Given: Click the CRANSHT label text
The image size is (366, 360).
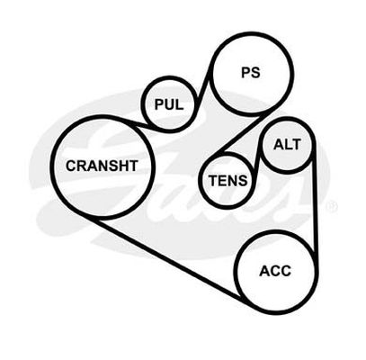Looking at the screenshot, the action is point(102,166).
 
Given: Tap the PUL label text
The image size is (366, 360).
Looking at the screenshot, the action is point(169,104).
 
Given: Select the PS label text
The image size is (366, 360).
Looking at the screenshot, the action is point(251,73).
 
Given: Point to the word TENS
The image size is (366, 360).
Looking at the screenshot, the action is point(228,181).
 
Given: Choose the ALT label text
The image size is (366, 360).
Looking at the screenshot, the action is point(287,145).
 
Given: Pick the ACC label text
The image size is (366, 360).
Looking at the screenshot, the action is point(275,271).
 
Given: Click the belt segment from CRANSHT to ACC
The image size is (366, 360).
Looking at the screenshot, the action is point(168,260).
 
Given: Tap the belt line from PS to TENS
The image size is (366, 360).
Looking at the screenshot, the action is point(243,133).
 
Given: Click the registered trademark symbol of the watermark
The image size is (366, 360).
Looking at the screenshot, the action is point(332,207).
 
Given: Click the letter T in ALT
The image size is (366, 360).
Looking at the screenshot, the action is point(296,145).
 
